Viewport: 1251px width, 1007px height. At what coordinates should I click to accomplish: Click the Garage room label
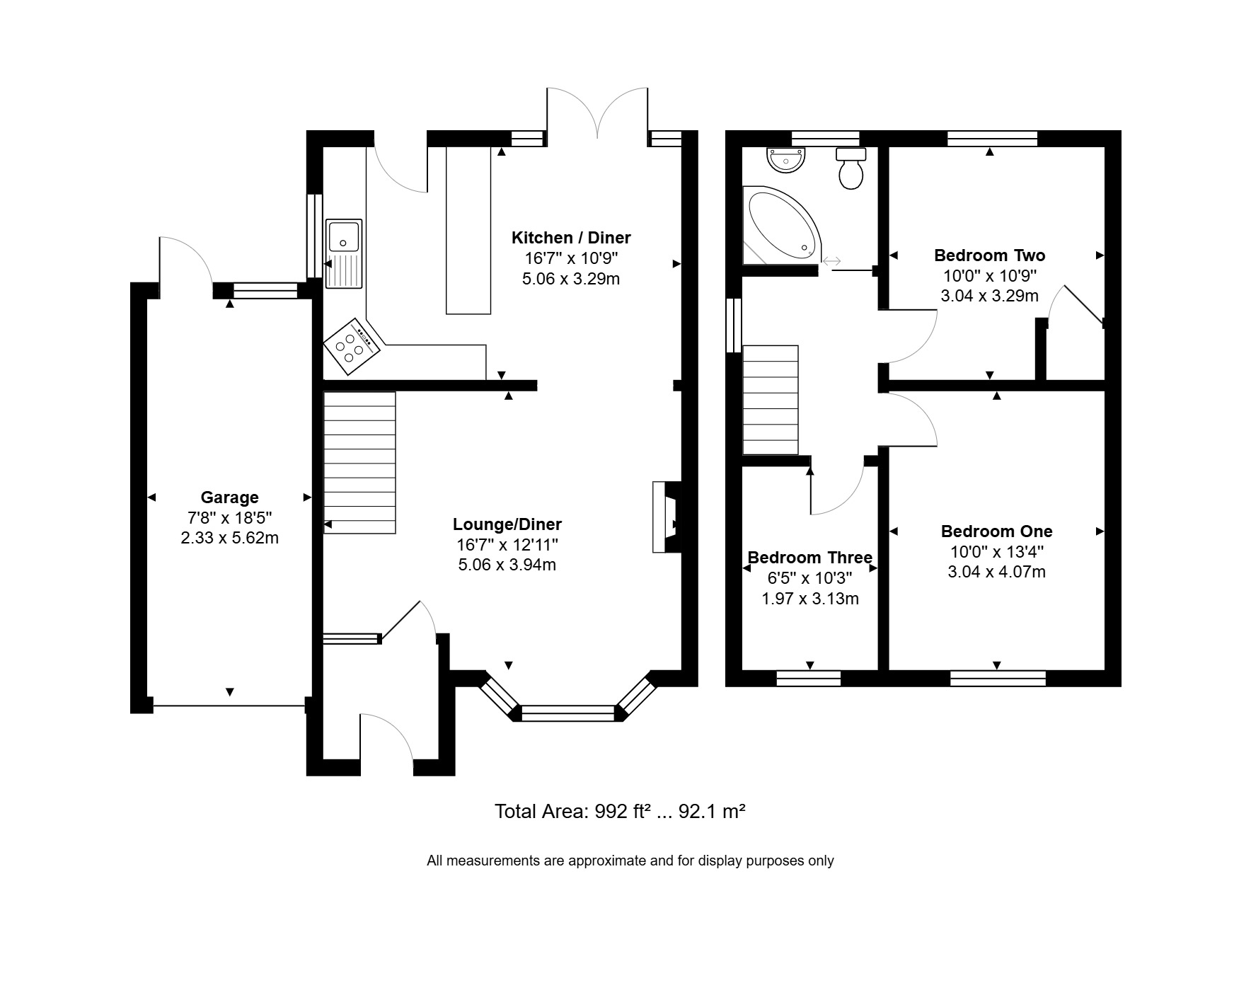click(x=229, y=497)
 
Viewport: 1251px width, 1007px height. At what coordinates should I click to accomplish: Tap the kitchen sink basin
click(x=344, y=235)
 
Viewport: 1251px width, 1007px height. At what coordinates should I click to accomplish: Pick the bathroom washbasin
click(x=786, y=160)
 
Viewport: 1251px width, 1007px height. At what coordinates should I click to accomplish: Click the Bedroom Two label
click(x=989, y=255)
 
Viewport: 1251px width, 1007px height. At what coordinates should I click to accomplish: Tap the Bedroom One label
click(x=996, y=531)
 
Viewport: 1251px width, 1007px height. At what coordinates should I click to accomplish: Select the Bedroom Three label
click(x=810, y=558)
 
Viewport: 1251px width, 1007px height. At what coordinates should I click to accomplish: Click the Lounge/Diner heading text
click(x=507, y=524)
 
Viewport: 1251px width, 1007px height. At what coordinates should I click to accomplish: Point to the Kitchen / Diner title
click(x=571, y=238)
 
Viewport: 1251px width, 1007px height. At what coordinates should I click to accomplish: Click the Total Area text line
click(x=620, y=811)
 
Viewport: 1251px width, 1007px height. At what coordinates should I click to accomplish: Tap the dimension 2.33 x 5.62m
click(x=229, y=538)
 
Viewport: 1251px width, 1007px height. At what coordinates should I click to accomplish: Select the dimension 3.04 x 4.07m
click(x=996, y=572)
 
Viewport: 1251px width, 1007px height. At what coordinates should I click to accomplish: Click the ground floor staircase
click(x=359, y=463)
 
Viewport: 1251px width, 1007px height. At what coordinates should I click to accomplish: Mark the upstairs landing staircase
click(x=771, y=400)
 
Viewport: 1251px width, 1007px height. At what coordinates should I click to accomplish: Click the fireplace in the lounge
click(x=666, y=517)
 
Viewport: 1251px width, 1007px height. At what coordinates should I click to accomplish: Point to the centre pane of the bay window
click(x=568, y=713)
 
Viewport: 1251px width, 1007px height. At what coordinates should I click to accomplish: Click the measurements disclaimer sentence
click(x=630, y=861)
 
